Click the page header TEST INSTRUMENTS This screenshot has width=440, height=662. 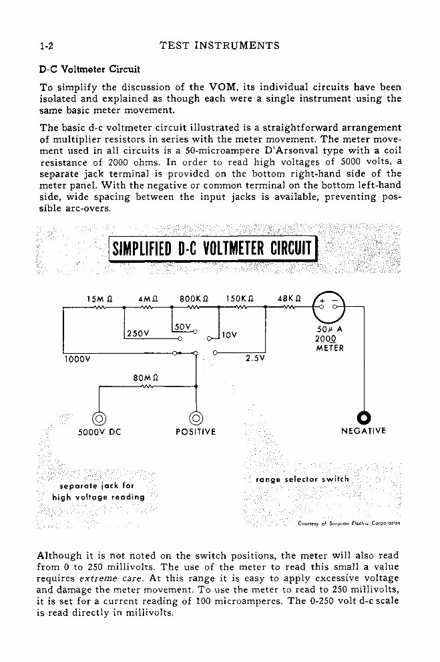pos(220,46)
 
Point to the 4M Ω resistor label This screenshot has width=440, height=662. pos(148,298)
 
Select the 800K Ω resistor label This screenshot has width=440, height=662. pos(196,298)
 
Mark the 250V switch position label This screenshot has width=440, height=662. pos(137,333)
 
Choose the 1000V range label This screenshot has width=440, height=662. pos(77,358)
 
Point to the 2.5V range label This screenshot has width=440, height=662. pos(255,358)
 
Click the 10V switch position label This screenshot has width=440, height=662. pos(231,333)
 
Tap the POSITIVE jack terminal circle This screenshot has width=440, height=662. pos(196,419)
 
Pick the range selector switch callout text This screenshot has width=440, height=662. pos(302,479)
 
